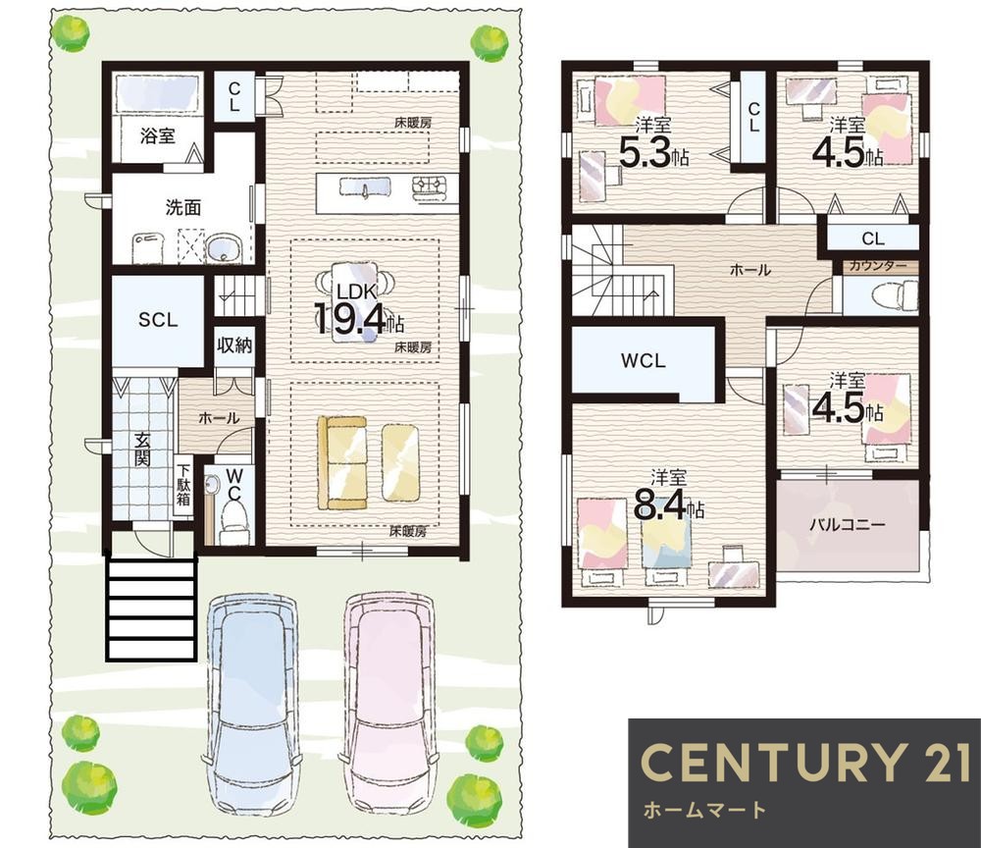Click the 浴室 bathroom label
[158, 135]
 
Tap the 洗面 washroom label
[183, 207]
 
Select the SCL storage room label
[158, 320]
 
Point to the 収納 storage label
[234, 344]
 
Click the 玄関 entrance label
[142, 449]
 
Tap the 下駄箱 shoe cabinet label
[182, 485]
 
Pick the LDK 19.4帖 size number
[351, 319]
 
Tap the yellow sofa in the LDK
[342, 462]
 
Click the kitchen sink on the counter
[365, 186]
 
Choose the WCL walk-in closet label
[644, 360]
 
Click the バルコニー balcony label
[848, 524]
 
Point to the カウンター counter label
[877, 266]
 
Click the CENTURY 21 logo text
[805, 762]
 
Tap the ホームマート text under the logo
[704, 810]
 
